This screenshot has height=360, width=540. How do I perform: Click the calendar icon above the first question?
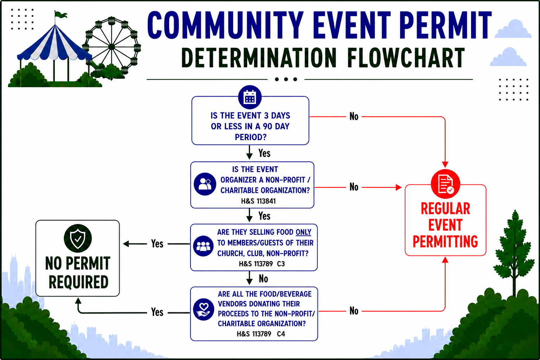[250, 97]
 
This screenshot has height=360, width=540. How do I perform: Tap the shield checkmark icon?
[78, 238]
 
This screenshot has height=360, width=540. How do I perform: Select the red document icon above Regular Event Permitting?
[445, 184]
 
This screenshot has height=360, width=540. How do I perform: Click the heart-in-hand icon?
[204, 309]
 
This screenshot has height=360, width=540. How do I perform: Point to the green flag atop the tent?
[60, 15]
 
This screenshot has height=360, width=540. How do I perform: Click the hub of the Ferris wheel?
[111, 46]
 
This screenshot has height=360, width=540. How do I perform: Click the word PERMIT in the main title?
[445, 25]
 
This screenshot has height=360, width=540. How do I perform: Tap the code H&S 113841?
[258, 201]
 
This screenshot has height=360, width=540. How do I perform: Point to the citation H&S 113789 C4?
[261, 334]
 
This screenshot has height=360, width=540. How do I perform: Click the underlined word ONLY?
[303, 232]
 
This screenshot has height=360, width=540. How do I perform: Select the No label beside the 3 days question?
[354, 116]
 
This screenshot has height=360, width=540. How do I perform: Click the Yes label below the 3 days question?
[264, 153]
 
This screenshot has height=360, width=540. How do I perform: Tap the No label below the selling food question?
[263, 279]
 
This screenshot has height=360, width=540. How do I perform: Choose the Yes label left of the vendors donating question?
[157, 312]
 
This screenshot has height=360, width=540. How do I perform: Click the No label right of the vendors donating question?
[354, 311]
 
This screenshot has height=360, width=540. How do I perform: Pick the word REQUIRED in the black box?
[79, 282]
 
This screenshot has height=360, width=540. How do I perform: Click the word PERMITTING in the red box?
[445, 242]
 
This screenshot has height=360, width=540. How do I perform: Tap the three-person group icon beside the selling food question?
[203, 246]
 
